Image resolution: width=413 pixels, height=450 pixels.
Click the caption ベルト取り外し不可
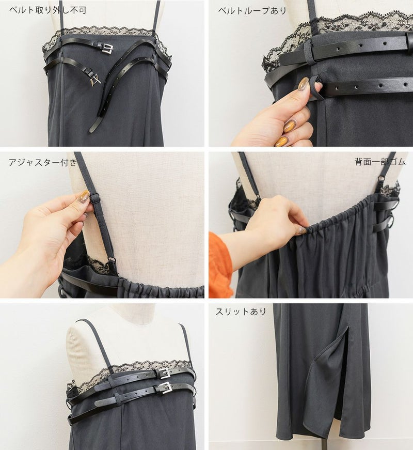[47, 10]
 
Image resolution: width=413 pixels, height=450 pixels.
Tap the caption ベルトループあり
[252, 11]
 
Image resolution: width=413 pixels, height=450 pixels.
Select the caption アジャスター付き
[43, 162]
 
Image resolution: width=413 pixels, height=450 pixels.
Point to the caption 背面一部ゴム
[380, 162]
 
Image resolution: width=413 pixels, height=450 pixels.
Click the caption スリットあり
[241, 312]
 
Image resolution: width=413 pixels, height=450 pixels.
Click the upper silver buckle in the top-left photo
[107, 49]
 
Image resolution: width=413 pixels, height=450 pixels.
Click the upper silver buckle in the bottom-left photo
[164, 374]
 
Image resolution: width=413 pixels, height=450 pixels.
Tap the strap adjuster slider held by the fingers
[94, 198]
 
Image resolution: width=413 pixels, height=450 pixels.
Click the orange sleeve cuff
[220, 265]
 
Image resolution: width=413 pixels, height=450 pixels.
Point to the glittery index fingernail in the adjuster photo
[83, 196]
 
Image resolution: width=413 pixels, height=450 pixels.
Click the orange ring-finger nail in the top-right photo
[291, 126]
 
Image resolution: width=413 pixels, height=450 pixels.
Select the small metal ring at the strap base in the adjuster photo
[111, 260]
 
